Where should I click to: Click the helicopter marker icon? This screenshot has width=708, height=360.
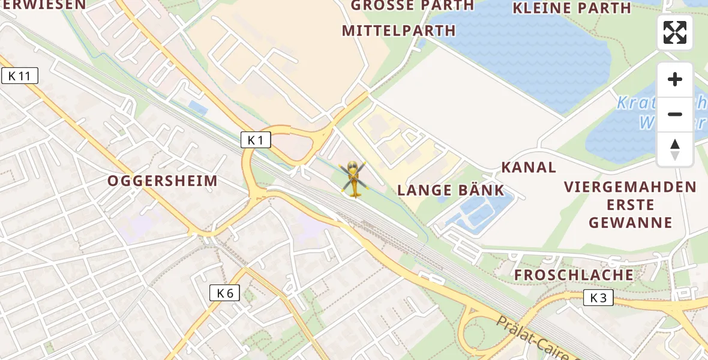pyautogui.click(x=353, y=179)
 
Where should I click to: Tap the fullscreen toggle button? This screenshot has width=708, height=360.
pyautogui.click(x=675, y=32)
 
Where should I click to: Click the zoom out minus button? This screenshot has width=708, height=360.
pyautogui.click(x=675, y=114)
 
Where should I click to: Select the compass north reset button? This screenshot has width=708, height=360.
pyautogui.click(x=675, y=149)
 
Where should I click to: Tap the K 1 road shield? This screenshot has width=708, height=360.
pyautogui.click(x=256, y=140)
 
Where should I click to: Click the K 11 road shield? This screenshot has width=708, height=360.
pyautogui.click(x=20, y=76)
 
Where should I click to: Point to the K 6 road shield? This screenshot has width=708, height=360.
pyautogui.click(x=225, y=293)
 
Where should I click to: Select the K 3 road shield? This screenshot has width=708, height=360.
pyautogui.click(x=598, y=298)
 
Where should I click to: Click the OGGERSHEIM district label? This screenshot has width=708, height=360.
pyautogui.click(x=163, y=181)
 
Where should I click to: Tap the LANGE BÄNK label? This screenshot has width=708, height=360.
pyautogui.click(x=451, y=191)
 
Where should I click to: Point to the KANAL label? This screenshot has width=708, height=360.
pyautogui.click(x=529, y=167)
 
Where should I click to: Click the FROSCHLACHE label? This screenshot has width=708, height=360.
pyautogui.click(x=574, y=275)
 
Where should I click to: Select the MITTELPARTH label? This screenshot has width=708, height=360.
pyautogui.click(x=399, y=31)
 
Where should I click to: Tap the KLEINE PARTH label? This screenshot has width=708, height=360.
pyautogui.click(x=572, y=8)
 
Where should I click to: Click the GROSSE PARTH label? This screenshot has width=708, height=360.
pyautogui.click(x=412, y=6)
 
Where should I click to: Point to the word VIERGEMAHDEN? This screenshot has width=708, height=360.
pyautogui.click(x=630, y=187)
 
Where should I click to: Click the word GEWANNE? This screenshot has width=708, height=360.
pyautogui.click(x=631, y=223)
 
